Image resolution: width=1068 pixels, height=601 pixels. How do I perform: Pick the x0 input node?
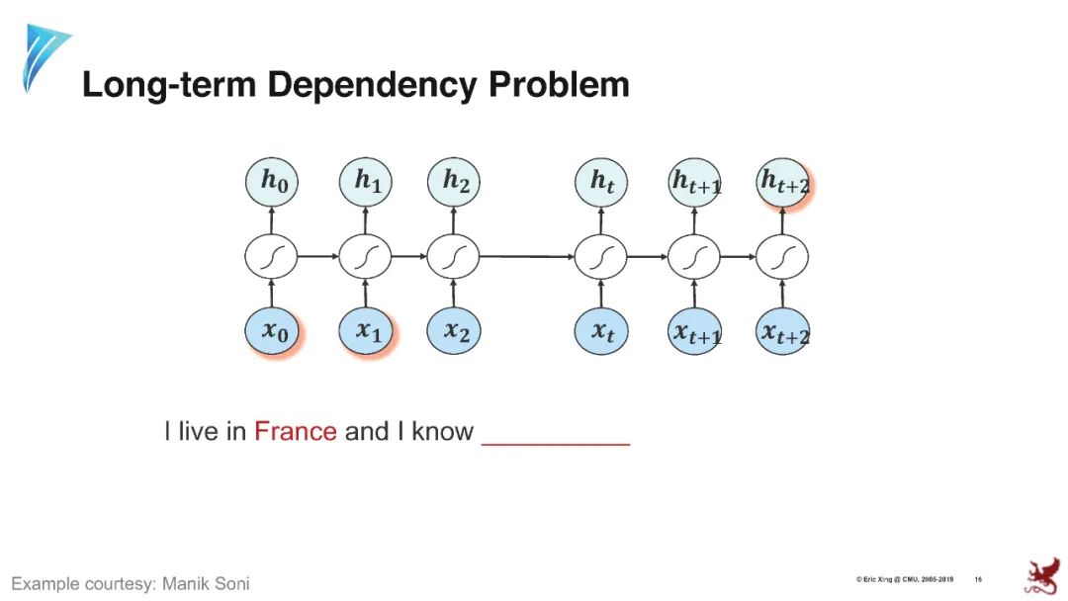pos(272,331)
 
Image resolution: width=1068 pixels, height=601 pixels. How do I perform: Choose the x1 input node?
pos(366,331)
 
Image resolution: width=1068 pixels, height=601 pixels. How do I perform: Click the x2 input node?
pos(454,331)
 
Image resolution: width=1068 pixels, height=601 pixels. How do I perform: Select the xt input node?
pos(601,331)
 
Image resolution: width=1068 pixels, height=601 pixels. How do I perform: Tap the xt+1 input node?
pos(695,333)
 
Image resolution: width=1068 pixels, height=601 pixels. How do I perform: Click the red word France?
pos(295,432)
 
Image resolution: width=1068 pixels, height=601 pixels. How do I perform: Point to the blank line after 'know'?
pos(556,440)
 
